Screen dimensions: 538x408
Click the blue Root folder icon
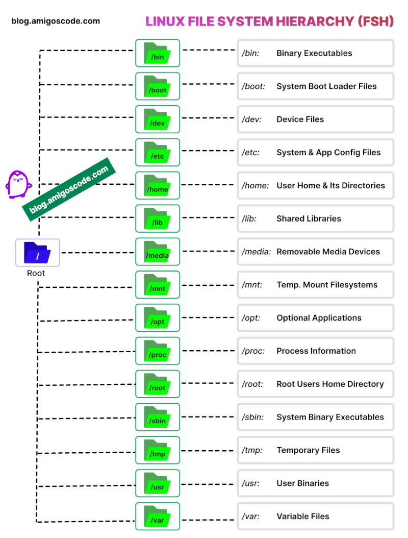[37, 252]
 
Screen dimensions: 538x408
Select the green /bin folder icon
[158, 53]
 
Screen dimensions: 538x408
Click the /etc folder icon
[158, 152]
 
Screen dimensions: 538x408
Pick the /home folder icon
[158, 185]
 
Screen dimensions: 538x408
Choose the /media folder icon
[158, 252]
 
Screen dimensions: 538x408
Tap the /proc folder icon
[158, 351]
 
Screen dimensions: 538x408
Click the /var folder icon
[158, 516]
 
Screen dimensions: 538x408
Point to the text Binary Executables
[314, 53]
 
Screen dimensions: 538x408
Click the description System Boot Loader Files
[326, 86]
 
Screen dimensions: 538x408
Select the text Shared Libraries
[309, 218]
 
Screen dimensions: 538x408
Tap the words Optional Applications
[319, 317]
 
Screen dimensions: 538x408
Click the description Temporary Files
[308, 450]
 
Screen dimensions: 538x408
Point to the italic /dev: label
[251, 119]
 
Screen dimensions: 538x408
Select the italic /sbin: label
[252, 417]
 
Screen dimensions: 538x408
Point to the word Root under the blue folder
[36, 273]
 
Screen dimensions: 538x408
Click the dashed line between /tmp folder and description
[208, 450]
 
